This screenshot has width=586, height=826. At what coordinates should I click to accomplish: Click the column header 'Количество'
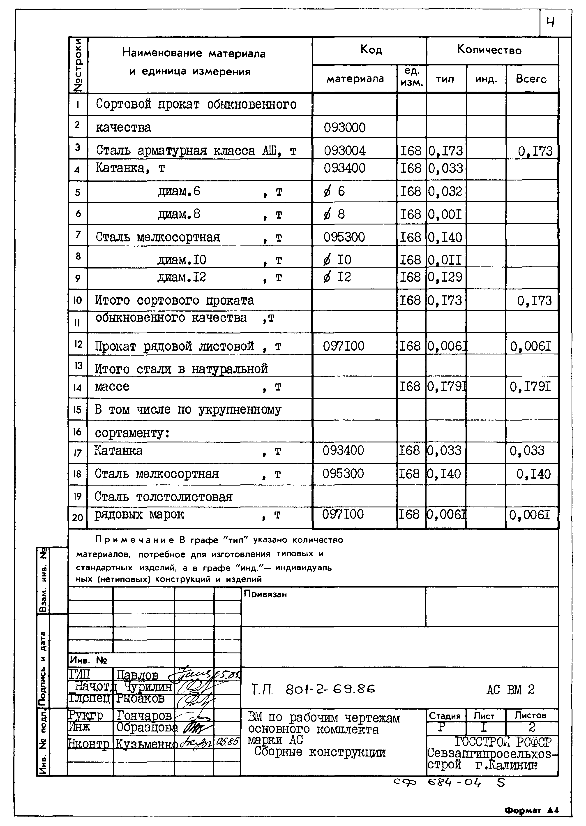[489, 50]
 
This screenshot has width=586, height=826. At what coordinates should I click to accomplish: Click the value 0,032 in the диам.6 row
[445, 191]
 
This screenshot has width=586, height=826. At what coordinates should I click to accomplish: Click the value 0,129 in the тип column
[445, 277]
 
